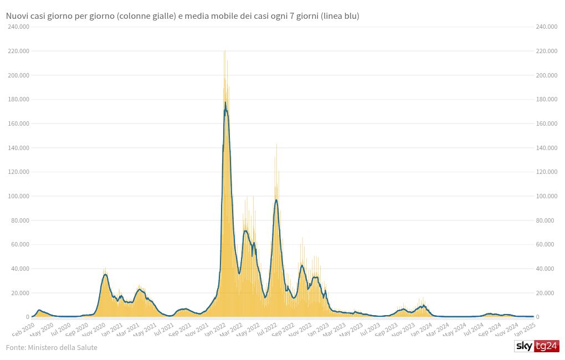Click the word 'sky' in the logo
point(523,346)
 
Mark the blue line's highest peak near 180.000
point(225,102)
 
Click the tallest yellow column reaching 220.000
point(224,52)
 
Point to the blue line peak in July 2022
point(276,200)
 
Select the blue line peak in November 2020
point(105,274)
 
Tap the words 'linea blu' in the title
point(340,17)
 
